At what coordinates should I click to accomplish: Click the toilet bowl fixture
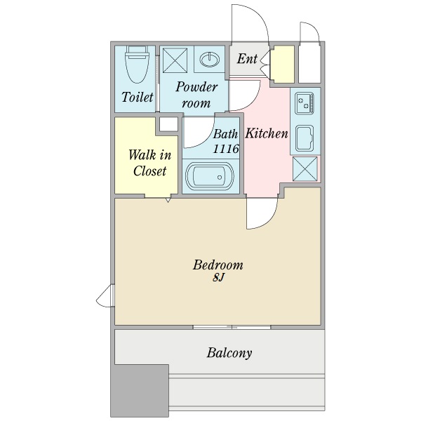tap(137, 65)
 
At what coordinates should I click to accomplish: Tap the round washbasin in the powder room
tap(210, 60)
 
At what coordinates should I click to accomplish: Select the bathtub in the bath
tap(210, 177)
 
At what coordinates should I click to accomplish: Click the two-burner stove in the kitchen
tap(305, 103)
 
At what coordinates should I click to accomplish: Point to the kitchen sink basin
tap(305, 138)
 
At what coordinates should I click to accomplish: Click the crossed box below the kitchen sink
tap(305, 169)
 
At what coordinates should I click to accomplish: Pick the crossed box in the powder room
tap(175, 60)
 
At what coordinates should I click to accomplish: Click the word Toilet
tap(138, 97)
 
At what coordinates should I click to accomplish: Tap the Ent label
tap(247, 59)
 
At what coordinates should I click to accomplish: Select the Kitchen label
tap(267, 133)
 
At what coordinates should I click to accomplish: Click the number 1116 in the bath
tap(226, 149)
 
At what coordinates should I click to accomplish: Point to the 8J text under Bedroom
tap(218, 278)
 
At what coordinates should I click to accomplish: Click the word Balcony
tap(229, 353)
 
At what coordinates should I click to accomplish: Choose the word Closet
tap(150, 171)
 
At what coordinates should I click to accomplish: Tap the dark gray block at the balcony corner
tap(140, 390)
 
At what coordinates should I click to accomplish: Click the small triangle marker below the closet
tap(168, 200)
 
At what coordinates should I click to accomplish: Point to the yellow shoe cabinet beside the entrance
tap(283, 64)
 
